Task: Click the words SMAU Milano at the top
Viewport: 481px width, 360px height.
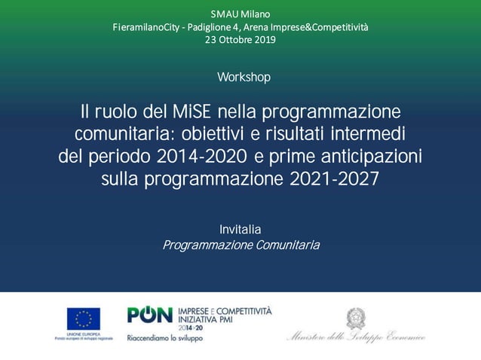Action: pos(240,14)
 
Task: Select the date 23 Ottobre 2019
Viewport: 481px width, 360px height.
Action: pos(240,40)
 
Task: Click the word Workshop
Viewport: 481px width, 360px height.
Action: pos(244,78)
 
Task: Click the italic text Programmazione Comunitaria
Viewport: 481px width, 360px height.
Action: pos(241,246)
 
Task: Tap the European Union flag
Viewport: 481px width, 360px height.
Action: pos(83,319)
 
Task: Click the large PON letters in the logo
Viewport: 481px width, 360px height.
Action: pos(150,316)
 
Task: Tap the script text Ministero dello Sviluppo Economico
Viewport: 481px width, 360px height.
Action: pos(356,337)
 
